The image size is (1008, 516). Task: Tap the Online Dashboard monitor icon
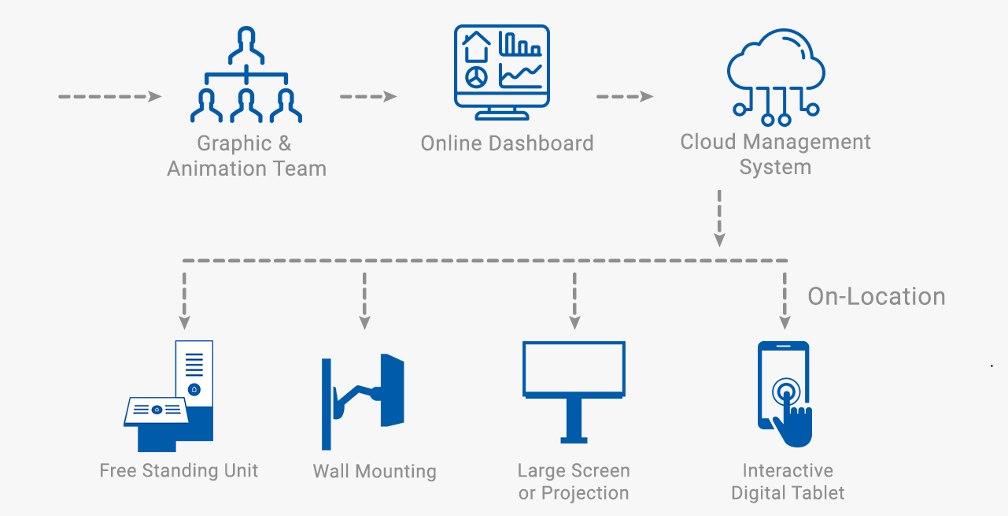point(502,72)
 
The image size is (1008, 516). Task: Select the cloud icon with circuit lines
point(776,76)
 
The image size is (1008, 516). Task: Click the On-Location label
point(876,296)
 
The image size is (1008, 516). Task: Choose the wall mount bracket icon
point(363,402)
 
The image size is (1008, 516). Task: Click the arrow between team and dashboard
point(368,96)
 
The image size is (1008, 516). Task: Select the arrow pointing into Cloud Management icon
point(625,96)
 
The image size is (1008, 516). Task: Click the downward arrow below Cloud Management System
point(719,218)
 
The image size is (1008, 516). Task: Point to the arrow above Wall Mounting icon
point(364,301)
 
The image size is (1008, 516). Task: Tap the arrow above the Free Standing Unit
point(184,301)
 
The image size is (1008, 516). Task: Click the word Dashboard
point(541,143)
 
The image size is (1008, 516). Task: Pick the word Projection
point(585,493)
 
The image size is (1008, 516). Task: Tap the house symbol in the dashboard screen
point(476,46)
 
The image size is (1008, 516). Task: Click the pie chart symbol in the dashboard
point(476,77)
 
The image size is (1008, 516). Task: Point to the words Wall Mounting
point(375,472)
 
